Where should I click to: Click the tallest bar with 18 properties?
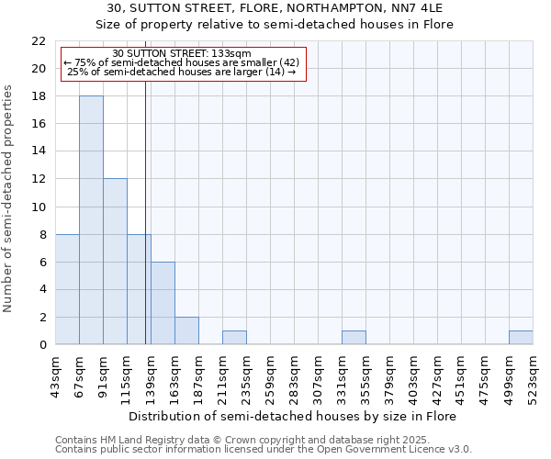pyautogui.click(x=91, y=220)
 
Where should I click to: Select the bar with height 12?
pyautogui.click(x=115, y=262)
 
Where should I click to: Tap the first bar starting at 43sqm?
pyautogui.click(x=67, y=289)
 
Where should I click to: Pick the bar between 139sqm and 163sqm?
pyautogui.click(x=163, y=303)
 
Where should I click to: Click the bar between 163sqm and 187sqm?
pyautogui.click(x=186, y=330)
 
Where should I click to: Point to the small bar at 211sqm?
pyautogui.click(x=234, y=338)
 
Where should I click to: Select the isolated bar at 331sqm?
pyautogui.click(x=354, y=338)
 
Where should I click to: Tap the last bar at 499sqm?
pyautogui.click(x=521, y=338)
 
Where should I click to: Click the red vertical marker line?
pyautogui.click(x=145, y=229)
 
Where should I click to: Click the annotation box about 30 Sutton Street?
pyautogui.click(x=181, y=63)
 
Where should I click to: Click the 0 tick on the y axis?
pyautogui.click(x=42, y=345)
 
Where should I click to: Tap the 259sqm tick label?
pyautogui.click(x=271, y=376)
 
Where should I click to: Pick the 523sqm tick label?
pyautogui.click(x=534, y=376)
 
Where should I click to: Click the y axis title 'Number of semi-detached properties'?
pyautogui.click(x=8, y=198)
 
